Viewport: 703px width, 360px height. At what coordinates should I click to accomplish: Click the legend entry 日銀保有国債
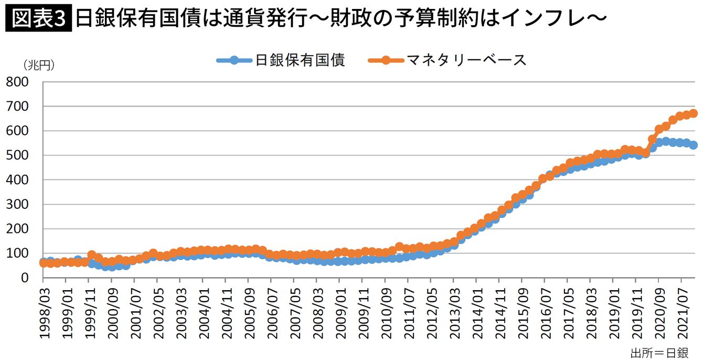300,60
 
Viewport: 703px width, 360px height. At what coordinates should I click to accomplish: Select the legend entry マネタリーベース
467,60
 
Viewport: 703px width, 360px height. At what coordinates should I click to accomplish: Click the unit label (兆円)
38,65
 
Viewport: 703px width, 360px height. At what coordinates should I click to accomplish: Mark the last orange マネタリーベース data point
693,113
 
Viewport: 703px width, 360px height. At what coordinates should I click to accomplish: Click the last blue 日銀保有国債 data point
693,145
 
